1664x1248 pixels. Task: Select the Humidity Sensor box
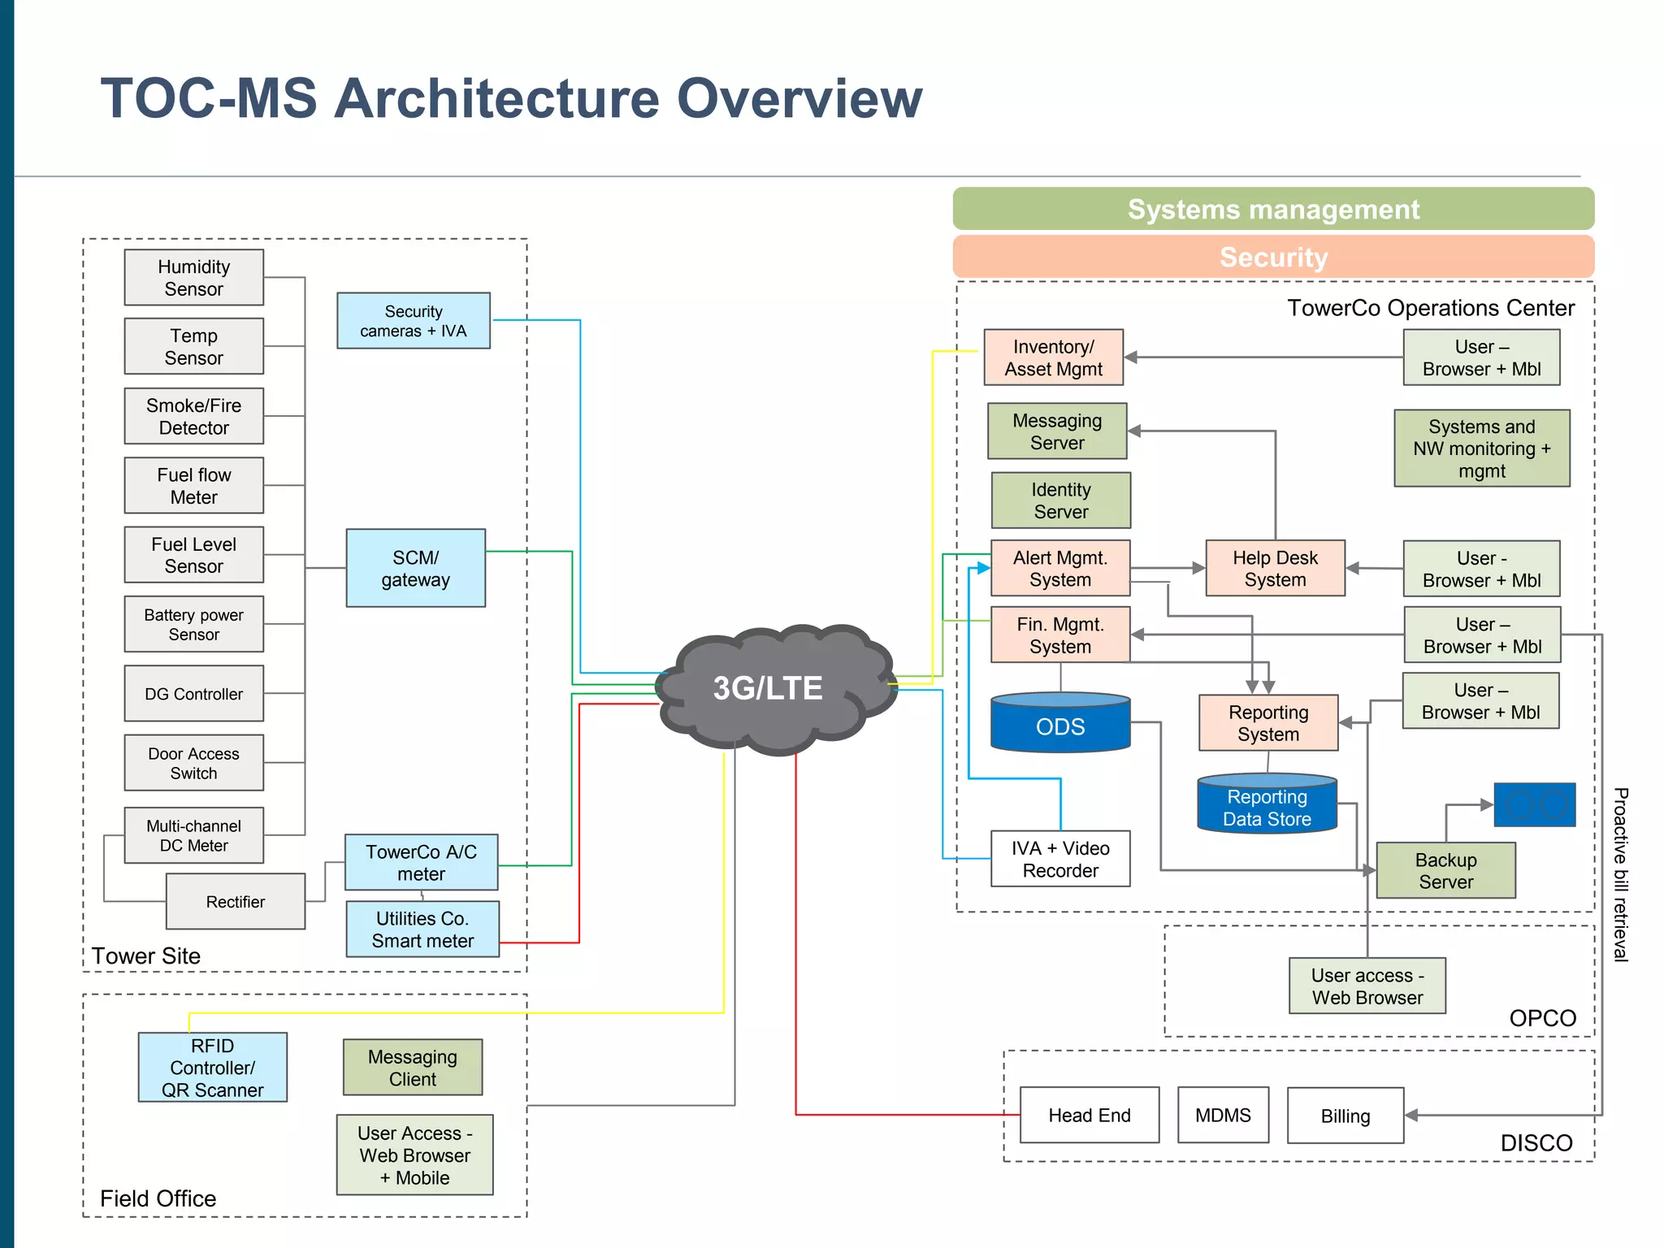click(193, 278)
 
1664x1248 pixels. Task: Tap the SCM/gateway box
click(415, 568)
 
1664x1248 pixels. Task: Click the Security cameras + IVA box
click(413, 321)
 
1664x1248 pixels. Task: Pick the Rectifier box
click(235, 901)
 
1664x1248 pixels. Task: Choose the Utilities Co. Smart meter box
click(422, 929)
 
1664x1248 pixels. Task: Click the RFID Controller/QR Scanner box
click(212, 1068)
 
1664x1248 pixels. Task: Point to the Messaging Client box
click(412, 1068)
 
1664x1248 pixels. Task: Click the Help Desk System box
click(1274, 568)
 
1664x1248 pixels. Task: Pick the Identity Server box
click(1060, 500)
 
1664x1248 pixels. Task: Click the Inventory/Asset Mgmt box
click(1053, 357)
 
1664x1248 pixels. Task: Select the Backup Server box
click(1445, 870)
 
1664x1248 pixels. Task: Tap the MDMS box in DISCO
click(1222, 1115)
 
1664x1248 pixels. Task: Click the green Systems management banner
click(1272, 209)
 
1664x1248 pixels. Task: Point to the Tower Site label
click(145, 955)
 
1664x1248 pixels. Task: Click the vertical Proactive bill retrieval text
click(1620, 873)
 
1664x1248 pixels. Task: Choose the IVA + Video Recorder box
click(1059, 859)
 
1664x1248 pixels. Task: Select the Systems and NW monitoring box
click(1481, 448)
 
